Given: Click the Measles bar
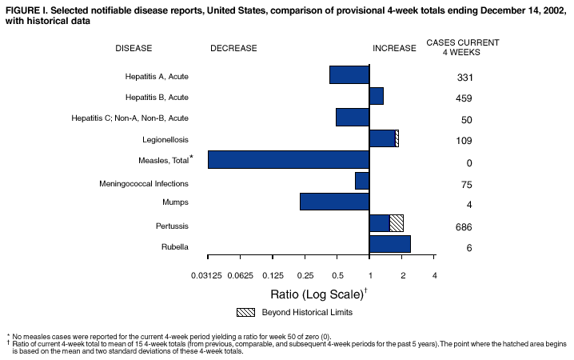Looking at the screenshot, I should click(288, 159).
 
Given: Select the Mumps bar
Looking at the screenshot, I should click(334, 202).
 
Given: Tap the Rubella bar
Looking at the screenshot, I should click(389, 244).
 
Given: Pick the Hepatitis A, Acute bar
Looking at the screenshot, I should click(349, 74).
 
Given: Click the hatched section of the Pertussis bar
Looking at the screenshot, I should click(397, 223).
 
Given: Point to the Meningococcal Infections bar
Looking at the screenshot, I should click(362, 181).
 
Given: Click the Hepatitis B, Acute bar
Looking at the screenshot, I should click(376, 96).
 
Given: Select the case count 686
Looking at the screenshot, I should click(464, 227).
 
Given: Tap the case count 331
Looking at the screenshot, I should click(464, 78).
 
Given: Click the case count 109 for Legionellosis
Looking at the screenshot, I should click(464, 142).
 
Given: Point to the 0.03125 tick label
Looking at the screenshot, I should click(208, 276).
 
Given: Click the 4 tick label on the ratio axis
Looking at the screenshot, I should click(434, 276).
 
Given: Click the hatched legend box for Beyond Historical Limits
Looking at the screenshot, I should click(246, 311).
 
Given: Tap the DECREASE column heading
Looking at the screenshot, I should click(233, 48).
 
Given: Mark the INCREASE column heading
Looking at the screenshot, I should click(394, 48).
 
